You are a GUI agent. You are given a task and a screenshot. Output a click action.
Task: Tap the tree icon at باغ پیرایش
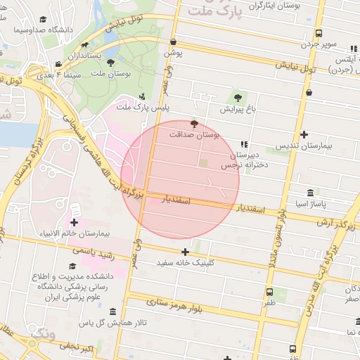click(236, 98)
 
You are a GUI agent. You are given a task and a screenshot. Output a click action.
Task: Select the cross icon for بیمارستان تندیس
click(304, 134)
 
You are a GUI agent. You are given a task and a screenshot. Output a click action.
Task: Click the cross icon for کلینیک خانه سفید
click(185, 252)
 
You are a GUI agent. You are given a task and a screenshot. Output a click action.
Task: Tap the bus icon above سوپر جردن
click(319, 33)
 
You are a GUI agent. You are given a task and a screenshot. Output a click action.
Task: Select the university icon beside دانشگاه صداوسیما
click(44, 20)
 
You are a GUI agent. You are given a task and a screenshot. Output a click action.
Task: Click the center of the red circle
click(181, 179)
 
